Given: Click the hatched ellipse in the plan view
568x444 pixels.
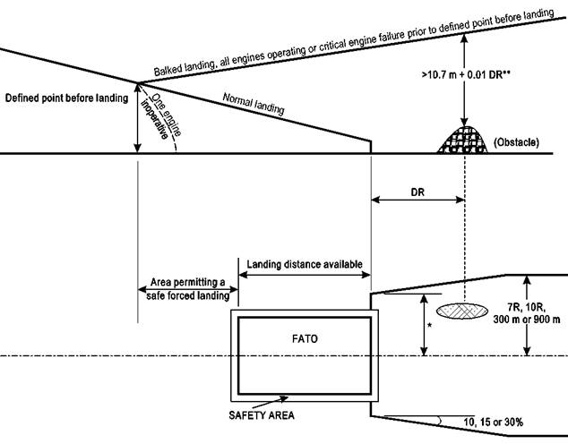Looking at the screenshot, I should point(463,311).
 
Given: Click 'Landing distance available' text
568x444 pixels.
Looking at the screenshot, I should point(305,263).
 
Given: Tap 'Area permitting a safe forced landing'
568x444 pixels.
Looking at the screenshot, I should point(186,289).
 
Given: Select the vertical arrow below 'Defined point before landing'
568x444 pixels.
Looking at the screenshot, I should point(137,118).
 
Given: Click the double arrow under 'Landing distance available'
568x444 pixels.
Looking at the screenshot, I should point(305,275).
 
